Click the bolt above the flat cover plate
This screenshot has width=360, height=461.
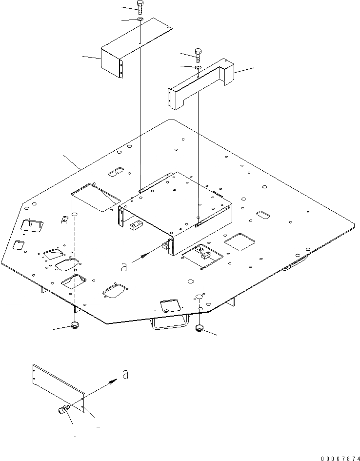[x=140, y=6]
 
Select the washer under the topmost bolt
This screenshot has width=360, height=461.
[x=140, y=20]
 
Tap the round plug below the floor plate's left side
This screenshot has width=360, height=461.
[x=75, y=325]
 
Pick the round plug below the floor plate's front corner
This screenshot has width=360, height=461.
[x=200, y=327]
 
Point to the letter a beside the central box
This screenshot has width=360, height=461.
[x=124, y=266]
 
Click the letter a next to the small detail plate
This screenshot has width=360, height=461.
[x=125, y=374]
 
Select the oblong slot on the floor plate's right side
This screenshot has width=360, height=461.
[x=264, y=215]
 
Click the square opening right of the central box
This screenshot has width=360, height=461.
[x=239, y=240]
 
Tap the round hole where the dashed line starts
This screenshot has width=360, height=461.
[x=75, y=215]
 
